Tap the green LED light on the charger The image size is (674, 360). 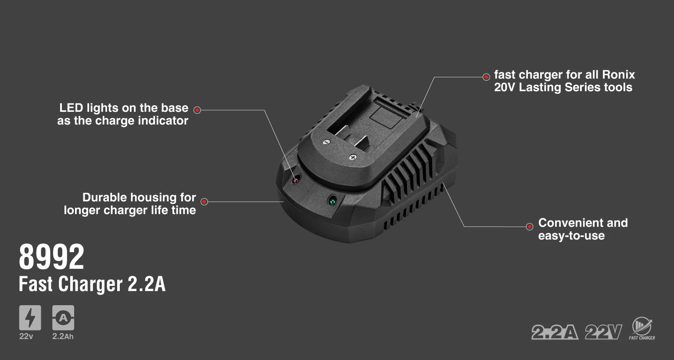[332, 200]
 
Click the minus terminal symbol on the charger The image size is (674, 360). [326, 142]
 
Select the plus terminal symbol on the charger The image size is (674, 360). [353, 157]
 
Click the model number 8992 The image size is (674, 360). [51, 257]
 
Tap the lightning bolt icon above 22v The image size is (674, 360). [30, 318]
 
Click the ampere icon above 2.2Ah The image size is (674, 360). [63, 318]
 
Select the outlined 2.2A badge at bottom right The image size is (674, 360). [555, 332]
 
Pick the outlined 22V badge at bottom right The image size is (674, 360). [604, 332]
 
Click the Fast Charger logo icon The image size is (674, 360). [642, 328]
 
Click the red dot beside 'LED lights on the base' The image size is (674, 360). [197, 110]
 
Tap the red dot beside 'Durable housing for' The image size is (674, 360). [204, 202]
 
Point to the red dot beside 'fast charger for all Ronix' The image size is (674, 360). [486, 77]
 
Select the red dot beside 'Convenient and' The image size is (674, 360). [530, 226]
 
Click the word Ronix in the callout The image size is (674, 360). [619, 75]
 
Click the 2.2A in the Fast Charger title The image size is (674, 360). [147, 284]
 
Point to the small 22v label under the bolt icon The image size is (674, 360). [26, 336]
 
